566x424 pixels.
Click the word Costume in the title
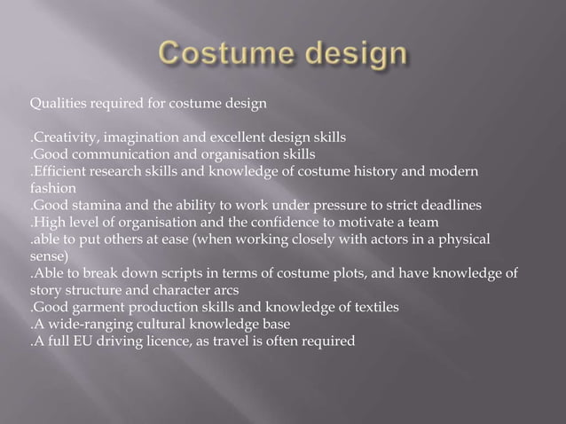point(224,55)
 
